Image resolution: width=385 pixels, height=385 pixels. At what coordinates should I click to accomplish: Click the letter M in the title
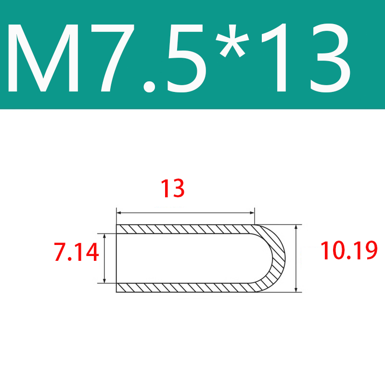[43, 58]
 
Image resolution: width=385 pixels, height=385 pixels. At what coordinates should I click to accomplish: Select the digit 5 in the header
[185, 58]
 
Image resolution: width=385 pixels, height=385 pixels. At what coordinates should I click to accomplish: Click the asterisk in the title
[232, 40]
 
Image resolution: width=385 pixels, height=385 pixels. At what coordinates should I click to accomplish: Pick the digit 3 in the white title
[330, 58]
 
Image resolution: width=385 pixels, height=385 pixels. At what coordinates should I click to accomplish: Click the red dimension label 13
[172, 188]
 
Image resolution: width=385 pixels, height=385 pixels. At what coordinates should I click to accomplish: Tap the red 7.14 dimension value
[77, 252]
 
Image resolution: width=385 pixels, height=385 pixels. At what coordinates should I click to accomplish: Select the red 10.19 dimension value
[349, 250]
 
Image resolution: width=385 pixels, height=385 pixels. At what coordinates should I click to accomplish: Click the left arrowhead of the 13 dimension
[119, 213]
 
